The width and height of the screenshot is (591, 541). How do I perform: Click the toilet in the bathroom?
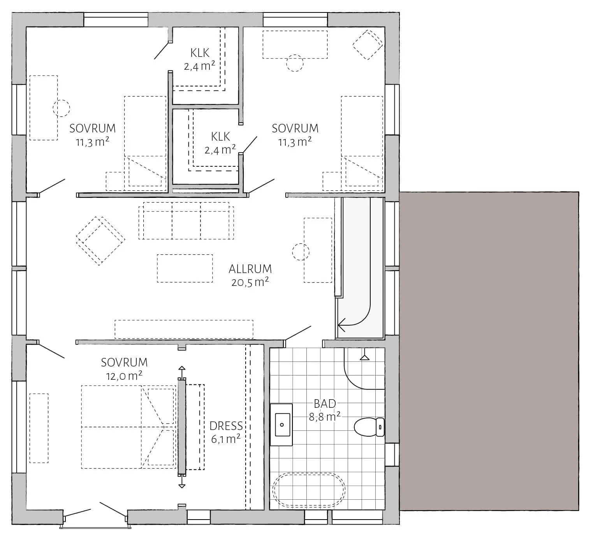click(x=369, y=426)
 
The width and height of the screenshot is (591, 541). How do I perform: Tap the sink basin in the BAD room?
click(x=282, y=425)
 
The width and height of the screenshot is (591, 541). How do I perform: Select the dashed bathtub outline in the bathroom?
click(x=309, y=490)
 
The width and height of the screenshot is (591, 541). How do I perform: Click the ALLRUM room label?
click(x=250, y=269)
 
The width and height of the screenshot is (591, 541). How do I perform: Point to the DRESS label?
click(x=226, y=426)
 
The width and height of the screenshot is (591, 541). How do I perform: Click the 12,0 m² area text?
click(x=124, y=376)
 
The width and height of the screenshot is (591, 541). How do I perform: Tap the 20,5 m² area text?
click(x=250, y=282)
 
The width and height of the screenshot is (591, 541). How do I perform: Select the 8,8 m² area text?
click(x=325, y=417)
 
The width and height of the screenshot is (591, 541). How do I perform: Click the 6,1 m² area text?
click(x=226, y=439)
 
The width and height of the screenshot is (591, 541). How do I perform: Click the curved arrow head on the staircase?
click(x=341, y=325)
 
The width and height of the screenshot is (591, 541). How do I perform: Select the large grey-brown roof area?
click(x=489, y=351)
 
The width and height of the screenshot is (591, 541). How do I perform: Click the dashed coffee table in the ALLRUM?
click(x=185, y=268)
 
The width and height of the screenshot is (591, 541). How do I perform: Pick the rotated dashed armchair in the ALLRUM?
click(x=100, y=241)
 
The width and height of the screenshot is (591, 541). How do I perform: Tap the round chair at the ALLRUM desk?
click(x=301, y=252)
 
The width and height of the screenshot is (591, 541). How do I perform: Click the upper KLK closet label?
click(x=200, y=53)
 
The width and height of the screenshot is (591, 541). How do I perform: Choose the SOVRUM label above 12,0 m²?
click(x=124, y=362)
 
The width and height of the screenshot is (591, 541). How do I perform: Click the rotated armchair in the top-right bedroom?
click(x=368, y=44)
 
